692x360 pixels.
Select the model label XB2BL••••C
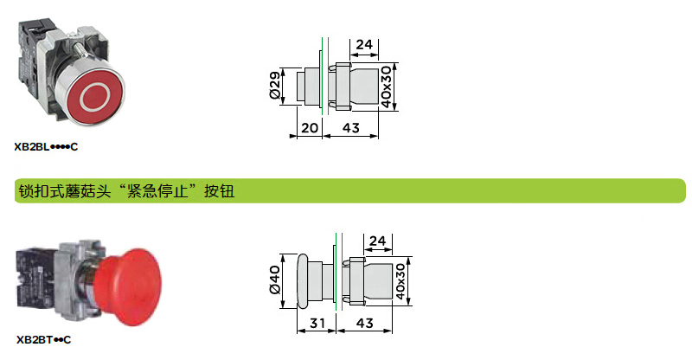(46, 147)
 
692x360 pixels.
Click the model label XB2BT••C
(44, 340)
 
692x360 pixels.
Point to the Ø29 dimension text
(274, 86)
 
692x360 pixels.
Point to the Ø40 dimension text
(274, 280)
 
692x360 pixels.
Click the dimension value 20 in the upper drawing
(310, 128)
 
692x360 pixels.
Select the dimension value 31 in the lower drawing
(317, 324)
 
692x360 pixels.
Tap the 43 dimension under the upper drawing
(351, 128)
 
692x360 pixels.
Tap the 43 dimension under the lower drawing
(364, 324)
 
